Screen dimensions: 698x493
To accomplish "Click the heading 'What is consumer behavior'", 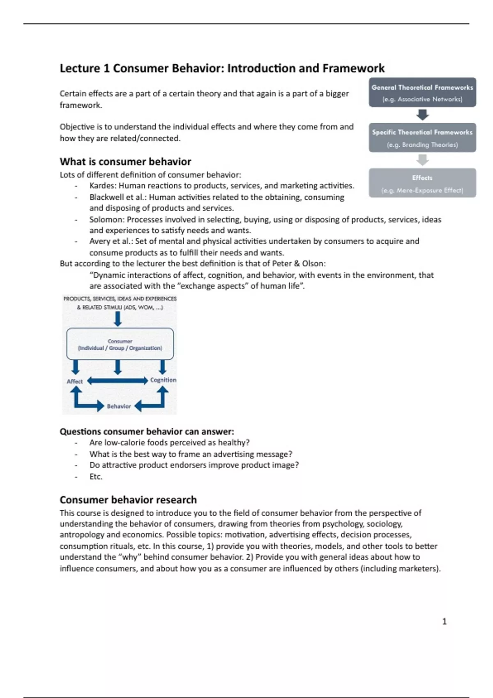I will click(125, 161).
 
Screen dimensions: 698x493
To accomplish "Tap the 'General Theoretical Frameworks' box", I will click(422, 92).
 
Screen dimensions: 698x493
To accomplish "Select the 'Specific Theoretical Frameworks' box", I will click(422, 138).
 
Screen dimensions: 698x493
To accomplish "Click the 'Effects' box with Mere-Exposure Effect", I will click(422, 183).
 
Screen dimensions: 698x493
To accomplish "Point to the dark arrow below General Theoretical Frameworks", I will click(422, 115).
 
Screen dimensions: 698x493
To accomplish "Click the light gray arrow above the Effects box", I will click(422, 160).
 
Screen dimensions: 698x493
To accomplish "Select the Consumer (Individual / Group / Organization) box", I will click(120, 344).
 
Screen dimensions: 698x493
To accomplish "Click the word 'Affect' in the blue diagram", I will click(75, 381).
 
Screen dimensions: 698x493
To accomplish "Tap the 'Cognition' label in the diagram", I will click(163, 380).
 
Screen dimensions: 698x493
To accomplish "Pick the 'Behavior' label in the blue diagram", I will click(119, 406).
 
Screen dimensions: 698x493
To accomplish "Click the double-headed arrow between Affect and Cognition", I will click(117, 381).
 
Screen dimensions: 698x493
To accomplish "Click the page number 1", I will click(444, 622).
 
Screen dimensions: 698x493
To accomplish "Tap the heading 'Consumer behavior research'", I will click(128, 500).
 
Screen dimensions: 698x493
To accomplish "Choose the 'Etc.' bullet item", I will click(96, 477).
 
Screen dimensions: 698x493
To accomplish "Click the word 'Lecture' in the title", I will click(80, 68).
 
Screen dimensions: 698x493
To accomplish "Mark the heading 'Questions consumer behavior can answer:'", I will click(147, 432).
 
